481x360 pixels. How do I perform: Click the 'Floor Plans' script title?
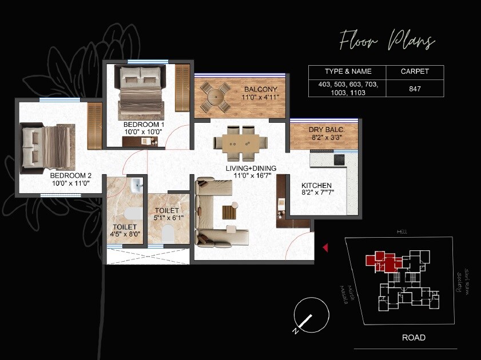click(x=387, y=42)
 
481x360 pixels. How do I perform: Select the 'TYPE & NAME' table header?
click(x=348, y=71)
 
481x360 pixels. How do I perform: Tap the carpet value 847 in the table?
click(x=415, y=89)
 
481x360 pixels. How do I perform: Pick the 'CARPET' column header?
click(x=415, y=71)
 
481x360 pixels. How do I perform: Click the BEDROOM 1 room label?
click(x=144, y=124)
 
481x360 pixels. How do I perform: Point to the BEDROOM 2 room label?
click(x=70, y=175)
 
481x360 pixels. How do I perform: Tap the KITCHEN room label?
click(x=317, y=186)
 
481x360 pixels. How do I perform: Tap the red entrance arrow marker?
click(x=325, y=247)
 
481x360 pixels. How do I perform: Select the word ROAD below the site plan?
click(x=414, y=338)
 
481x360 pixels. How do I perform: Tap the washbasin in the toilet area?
click(x=136, y=186)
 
